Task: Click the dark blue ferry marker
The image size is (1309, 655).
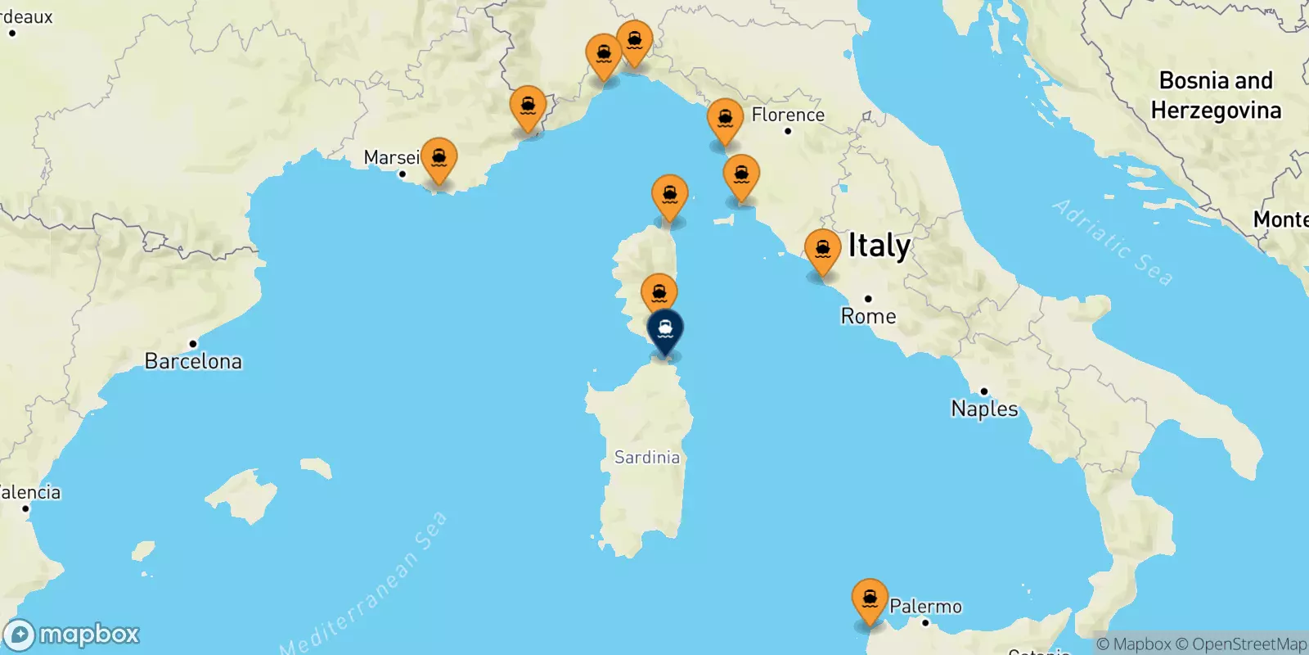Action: pyautogui.click(x=665, y=330)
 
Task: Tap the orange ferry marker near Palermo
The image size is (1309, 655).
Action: pyautogui.click(x=870, y=600)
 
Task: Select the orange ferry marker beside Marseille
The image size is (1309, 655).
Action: pyautogui.click(x=439, y=158)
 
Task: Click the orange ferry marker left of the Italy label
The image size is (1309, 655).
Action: pyautogui.click(x=822, y=250)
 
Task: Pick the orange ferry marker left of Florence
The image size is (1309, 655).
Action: pyautogui.click(x=725, y=120)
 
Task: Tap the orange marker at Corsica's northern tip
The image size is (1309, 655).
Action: pyautogui.click(x=669, y=196)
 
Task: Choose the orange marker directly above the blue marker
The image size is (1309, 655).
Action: pyautogui.click(x=659, y=293)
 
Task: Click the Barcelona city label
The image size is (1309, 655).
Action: pyautogui.click(x=193, y=361)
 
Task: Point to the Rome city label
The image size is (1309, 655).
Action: pyautogui.click(x=868, y=316)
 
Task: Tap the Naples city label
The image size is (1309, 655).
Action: pyautogui.click(x=984, y=409)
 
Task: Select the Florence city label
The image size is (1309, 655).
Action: pyautogui.click(x=788, y=115)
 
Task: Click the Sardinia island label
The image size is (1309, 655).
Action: pyautogui.click(x=646, y=458)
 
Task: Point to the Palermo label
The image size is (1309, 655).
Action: pyautogui.click(x=925, y=607)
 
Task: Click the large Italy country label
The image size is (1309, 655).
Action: pyautogui.click(x=879, y=246)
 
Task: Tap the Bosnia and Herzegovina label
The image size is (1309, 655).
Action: pyautogui.click(x=1216, y=95)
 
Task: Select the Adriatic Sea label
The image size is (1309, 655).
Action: pyautogui.click(x=1112, y=242)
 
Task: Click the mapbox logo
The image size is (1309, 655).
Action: pyautogui.click(x=72, y=635)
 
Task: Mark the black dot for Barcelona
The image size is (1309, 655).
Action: pyautogui.click(x=193, y=344)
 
